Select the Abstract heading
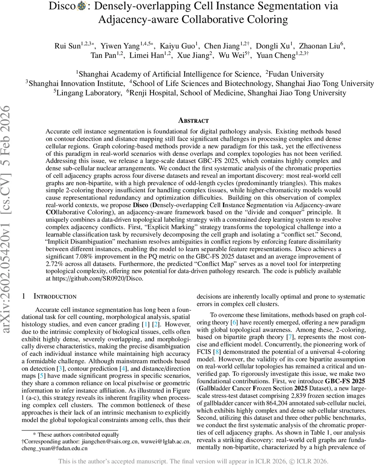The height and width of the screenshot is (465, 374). click(193, 121)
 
